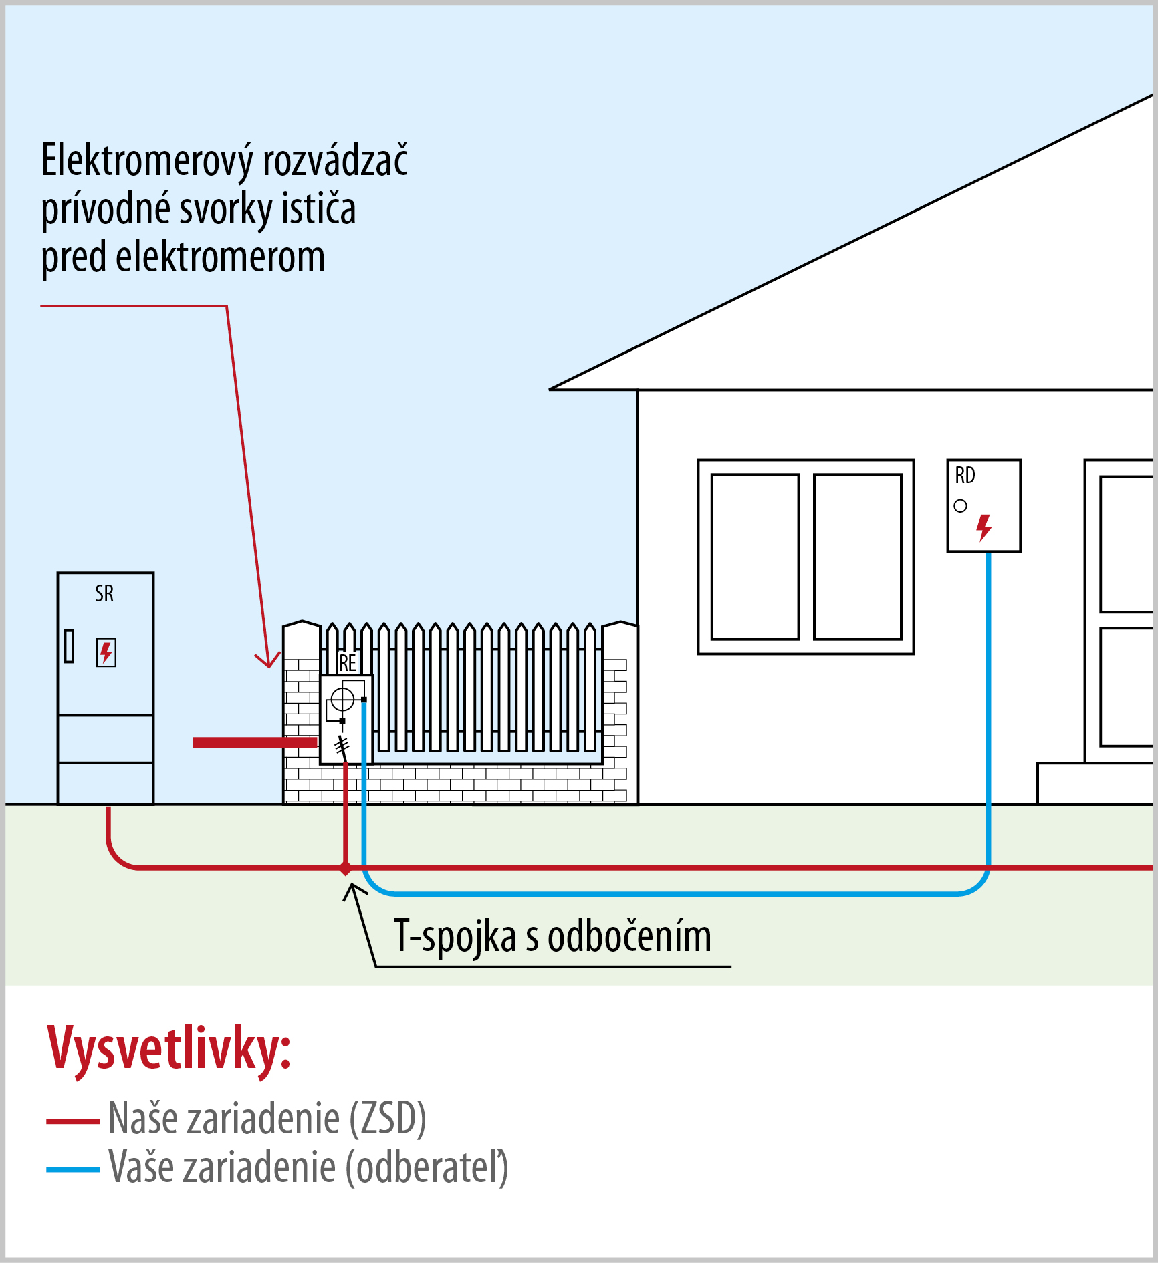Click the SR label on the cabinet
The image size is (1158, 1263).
104,593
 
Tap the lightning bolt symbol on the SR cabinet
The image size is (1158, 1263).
106,652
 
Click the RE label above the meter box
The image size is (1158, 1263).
348,663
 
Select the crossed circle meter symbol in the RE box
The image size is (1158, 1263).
342,700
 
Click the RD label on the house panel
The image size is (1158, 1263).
965,476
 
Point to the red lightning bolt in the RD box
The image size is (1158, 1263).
983,527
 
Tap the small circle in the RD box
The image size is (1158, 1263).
961,506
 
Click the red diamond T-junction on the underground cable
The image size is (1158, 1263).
345,868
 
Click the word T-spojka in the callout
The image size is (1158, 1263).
455,936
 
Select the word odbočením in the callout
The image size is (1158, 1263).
629,936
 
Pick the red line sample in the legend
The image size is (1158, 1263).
73,1121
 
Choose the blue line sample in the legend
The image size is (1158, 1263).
73,1169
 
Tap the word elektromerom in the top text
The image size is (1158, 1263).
220,257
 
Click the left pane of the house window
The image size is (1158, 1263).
755,557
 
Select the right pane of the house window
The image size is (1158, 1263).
857,557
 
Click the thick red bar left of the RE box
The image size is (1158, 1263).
255,742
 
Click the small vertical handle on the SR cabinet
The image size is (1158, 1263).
69,646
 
